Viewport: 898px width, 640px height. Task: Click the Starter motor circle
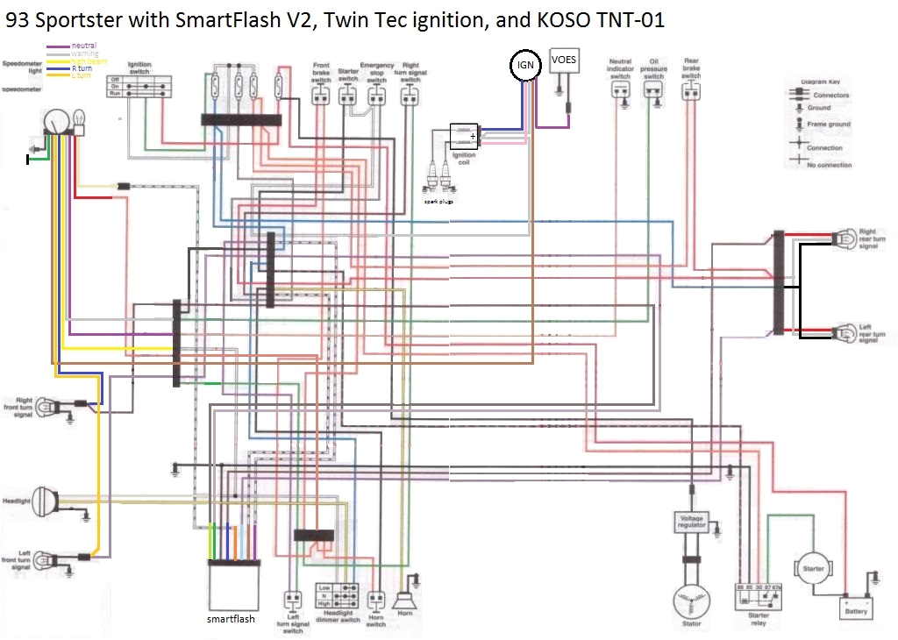[x=813, y=569]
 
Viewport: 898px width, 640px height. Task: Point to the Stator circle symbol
[x=691, y=602]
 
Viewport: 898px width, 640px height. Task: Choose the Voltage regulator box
[x=691, y=523]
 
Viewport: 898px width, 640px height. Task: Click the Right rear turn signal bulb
[x=844, y=237]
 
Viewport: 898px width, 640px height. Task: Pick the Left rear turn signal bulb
[x=844, y=332]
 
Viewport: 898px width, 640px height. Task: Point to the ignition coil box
[x=464, y=136]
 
